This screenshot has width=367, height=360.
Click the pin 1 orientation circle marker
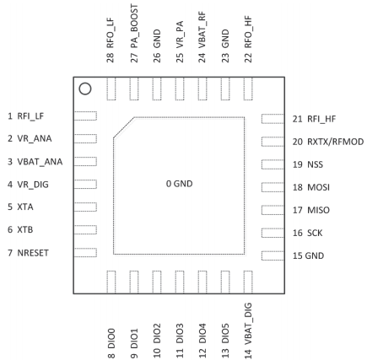[x=84, y=88]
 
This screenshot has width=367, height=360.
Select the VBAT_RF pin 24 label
[x=202, y=40]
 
